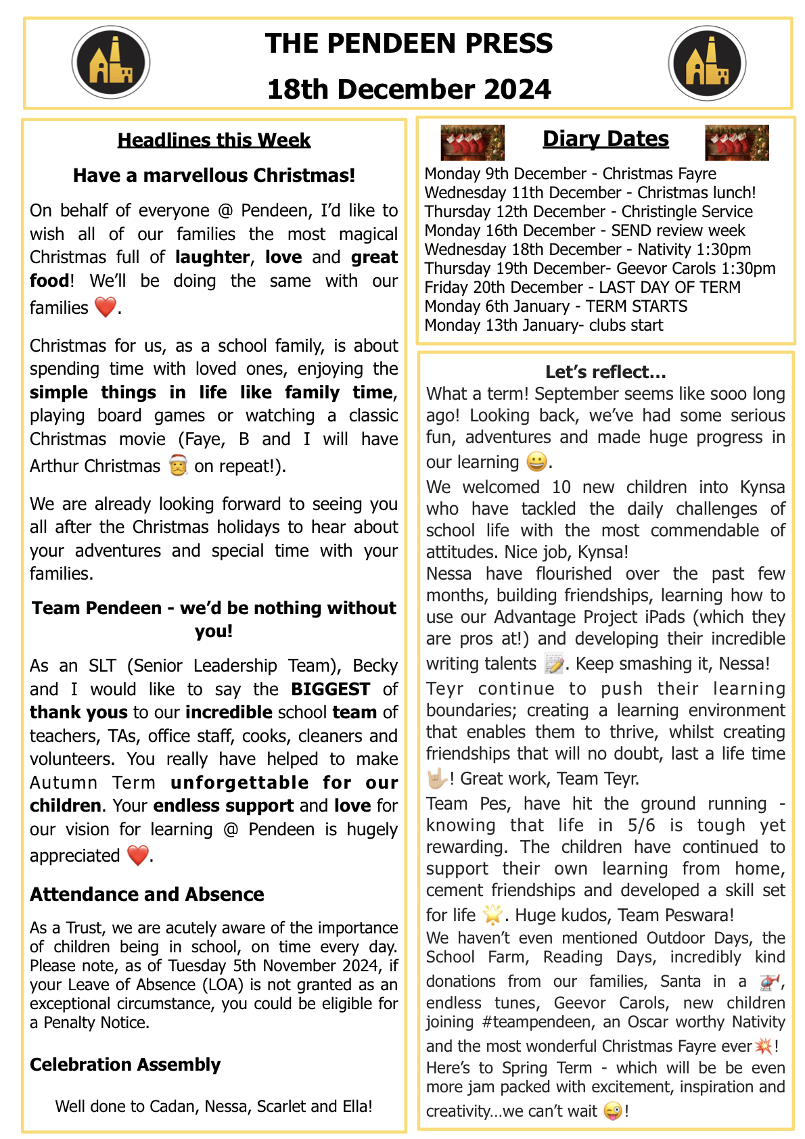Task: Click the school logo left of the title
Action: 111,63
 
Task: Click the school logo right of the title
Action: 707,63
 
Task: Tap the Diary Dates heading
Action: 605,139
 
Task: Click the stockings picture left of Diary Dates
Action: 472,143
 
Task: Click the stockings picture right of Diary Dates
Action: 737,143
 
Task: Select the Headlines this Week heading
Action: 214,140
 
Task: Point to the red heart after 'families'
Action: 106,307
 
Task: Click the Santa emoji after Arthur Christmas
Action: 178,466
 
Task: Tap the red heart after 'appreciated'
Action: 137,856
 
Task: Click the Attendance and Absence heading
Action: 147,894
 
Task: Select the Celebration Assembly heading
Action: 125,1065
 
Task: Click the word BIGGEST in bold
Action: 330,689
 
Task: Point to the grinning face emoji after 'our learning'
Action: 536,462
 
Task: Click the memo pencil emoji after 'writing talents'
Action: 554,664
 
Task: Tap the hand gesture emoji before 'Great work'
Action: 437,778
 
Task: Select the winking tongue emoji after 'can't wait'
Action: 612,1111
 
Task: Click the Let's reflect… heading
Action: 605,372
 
